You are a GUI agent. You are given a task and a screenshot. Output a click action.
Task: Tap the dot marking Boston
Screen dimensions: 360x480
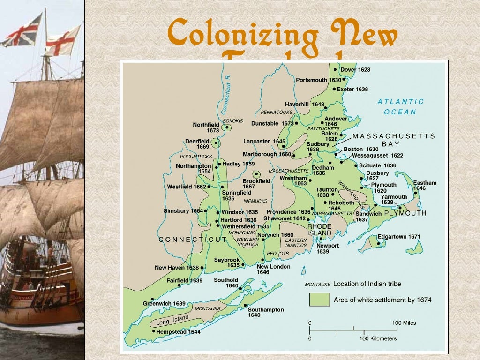click(x=336, y=153)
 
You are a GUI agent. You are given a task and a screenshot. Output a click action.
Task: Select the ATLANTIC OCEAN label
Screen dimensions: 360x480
click(x=400, y=106)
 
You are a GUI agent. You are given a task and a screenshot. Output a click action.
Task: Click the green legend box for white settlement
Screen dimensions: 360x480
click(x=319, y=299)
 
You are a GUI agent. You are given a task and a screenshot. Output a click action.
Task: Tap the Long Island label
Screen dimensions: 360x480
click(x=172, y=321)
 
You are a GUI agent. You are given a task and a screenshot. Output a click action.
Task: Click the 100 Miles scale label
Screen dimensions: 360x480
click(x=404, y=323)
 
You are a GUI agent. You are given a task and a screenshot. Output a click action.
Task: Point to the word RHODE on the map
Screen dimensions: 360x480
click(x=320, y=226)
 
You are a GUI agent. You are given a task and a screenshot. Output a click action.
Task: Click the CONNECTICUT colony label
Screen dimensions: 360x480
click(x=193, y=240)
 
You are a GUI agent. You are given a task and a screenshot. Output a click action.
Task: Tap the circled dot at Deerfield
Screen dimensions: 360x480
click(x=216, y=142)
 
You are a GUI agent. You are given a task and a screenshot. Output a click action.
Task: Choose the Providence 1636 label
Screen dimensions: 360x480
click(x=289, y=212)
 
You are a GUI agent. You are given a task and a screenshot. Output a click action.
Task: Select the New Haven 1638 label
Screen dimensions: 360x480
click(x=177, y=268)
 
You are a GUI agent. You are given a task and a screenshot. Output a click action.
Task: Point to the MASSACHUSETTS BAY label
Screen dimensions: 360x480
click(x=394, y=140)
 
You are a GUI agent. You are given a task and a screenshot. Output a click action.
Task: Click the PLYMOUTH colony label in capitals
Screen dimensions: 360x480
click(x=405, y=213)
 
